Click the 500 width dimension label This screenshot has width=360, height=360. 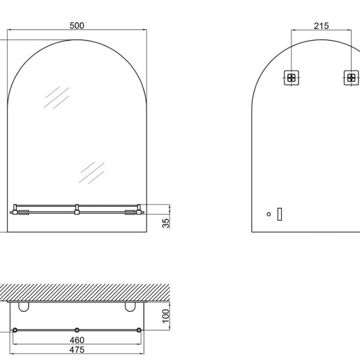tap(77, 26)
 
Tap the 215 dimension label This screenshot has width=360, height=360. tap(321, 26)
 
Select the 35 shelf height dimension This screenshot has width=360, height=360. tap(166, 223)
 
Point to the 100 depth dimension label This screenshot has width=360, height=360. tap(166, 316)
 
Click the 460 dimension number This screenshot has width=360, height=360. tap(77, 340)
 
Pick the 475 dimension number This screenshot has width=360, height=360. tap(77, 350)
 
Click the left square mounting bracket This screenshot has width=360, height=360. tap(291, 78)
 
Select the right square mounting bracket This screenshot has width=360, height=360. tap(351, 78)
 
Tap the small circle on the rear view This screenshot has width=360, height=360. tap(269, 214)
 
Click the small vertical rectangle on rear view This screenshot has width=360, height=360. tap(279, 214)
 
